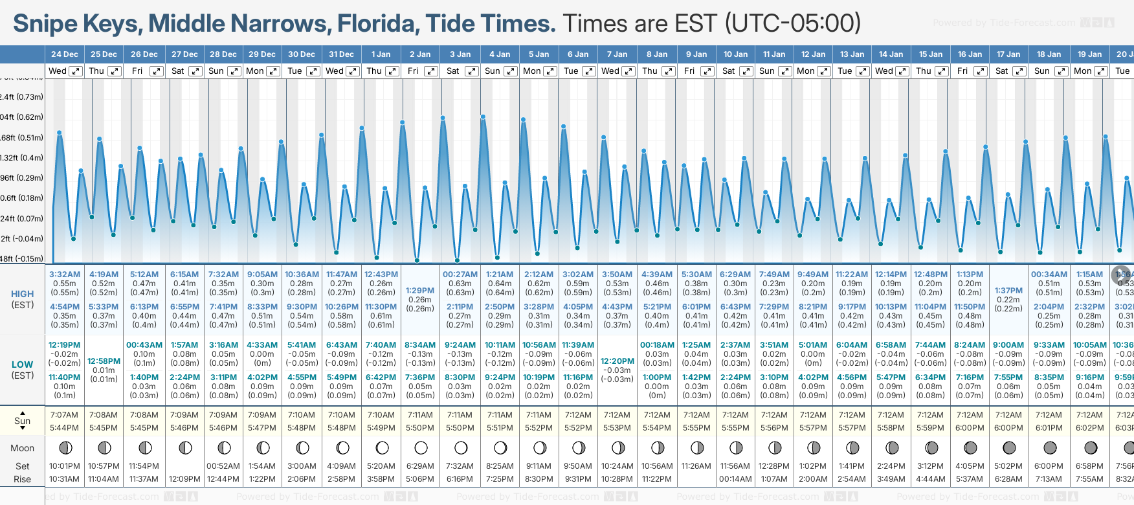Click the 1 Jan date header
click(x=381, y=54)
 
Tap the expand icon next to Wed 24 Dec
click(x=76, y=71)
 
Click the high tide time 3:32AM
click(x=65, y=275)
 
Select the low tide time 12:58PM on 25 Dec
click(x=104, y=361)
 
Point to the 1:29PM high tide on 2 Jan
click(x=420, y=291)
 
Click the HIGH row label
click(x=23, y=294)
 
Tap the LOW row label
click(x=23, y=365)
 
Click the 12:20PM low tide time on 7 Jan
click(x=617, y=361)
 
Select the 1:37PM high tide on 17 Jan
click(x=1008, y=291)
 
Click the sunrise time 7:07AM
click(x=65, y=415)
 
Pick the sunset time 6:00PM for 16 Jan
click(x=970, y=428)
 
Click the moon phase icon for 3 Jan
click(x=460, y=447)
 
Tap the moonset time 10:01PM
click(x=65, y=466)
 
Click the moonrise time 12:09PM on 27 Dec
click(x=184, y=479)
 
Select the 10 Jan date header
click(x=735, y=54)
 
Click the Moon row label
click(x=23, y=448)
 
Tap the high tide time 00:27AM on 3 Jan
click(x=460, y=275)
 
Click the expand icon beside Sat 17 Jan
click(x=1019, y=71)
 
